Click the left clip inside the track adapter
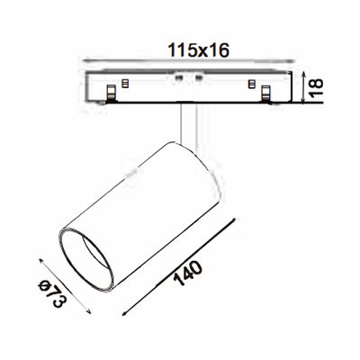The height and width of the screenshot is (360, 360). (111, 91)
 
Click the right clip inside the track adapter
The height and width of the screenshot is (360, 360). (265, 91)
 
